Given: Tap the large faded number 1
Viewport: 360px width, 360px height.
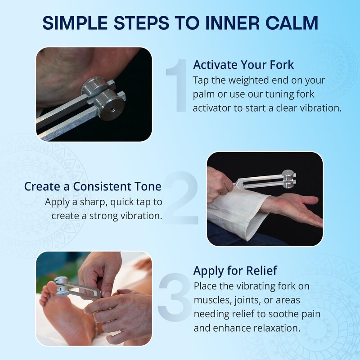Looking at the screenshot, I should (x=176, y=85).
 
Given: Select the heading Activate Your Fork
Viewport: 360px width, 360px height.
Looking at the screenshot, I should (x=243, y=65).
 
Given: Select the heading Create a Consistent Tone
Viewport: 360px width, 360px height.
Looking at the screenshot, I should (x=93, y=186).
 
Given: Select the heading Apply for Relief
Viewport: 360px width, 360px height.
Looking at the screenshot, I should (x=235, y=271).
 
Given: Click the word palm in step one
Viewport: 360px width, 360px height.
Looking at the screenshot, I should (x=205, y=94).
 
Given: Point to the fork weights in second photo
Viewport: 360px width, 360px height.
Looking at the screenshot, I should (x=288, y=178).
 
